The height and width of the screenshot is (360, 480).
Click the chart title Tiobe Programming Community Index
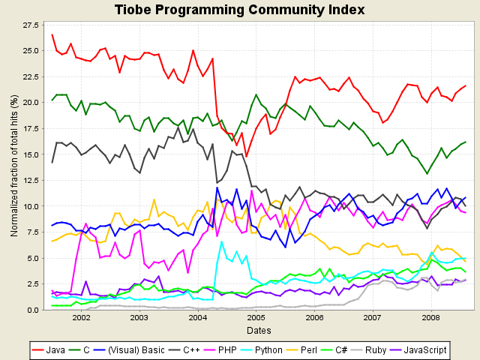240,10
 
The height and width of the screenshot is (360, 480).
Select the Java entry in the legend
49,349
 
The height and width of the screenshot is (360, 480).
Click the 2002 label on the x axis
81,318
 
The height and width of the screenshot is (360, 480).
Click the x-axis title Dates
259,330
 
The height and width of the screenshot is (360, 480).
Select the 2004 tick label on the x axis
197,318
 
